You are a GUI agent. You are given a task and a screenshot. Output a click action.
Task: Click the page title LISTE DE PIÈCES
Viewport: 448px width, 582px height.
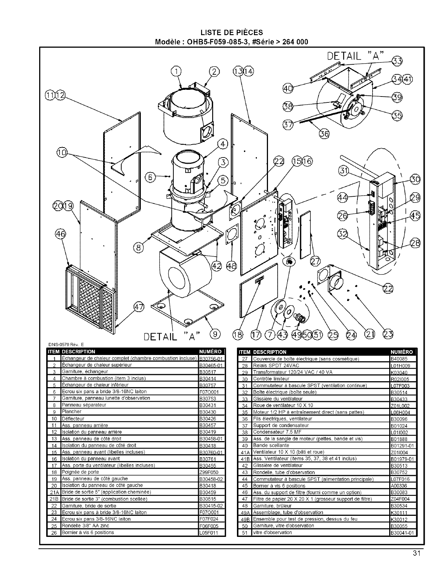pos(232,33)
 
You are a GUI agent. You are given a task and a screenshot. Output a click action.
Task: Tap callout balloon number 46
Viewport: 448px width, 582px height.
pos(60,234)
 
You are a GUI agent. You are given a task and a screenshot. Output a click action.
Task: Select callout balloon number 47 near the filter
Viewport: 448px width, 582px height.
pos(138,307)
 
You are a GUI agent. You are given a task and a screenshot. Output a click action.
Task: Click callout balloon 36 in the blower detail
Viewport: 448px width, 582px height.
pos(324,134)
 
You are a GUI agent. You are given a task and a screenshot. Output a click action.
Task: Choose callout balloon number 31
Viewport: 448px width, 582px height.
pos(344,170)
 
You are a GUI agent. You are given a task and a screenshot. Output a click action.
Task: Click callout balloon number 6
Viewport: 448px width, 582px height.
pos(151,177)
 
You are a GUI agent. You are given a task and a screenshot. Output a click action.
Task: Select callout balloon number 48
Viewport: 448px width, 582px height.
pos(232,266)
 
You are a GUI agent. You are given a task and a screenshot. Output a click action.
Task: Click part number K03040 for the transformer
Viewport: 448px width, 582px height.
pos(399,372)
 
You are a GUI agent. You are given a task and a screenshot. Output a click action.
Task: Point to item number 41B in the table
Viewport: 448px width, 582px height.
pos(244,459)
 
